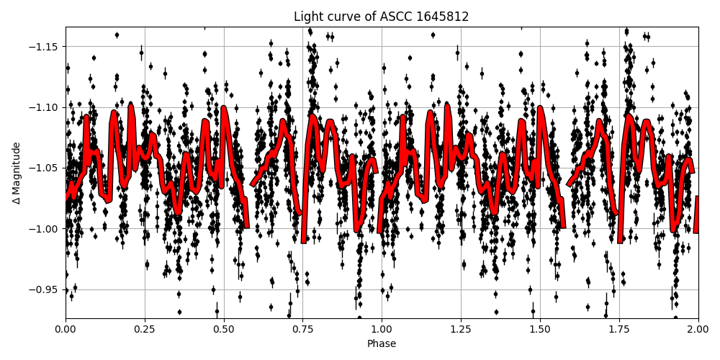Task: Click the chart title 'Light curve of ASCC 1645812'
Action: click(x=382, y=17)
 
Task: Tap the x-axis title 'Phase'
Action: click(x=382, y=344)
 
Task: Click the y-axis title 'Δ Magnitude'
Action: click(x=16, y=173)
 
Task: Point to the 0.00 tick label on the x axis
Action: click(x=66, y=330)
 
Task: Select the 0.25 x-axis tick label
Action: click(x=145, y=330)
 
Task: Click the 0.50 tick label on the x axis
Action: click(x=224, y=330)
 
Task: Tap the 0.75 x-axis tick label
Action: click(x=303, y=330)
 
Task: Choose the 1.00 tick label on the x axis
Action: click(x=382, y=330)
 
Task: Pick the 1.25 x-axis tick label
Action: click(x=461, y=330)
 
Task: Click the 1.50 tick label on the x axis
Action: click(x=540, y=330)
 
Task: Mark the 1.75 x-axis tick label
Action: click(x=619, y=330)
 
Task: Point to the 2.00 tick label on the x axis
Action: click(x=698, y=330)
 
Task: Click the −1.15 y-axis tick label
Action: click(x=45, y=47)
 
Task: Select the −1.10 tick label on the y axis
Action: click(x=45, y=107)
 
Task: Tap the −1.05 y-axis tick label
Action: click(x=45, y=168)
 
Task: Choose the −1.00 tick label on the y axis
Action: click(x=45, y=229)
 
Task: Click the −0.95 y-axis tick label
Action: click(x=45, y=289)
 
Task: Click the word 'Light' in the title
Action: click(x=307, y=17)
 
